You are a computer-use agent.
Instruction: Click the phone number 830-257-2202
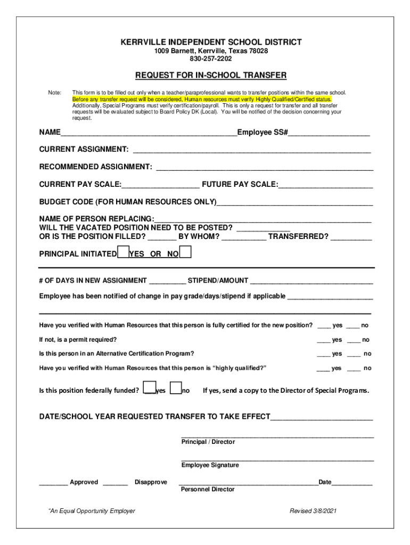211,59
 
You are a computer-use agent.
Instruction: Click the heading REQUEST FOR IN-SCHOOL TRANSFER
211,75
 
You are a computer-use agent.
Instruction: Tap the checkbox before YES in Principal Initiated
123,252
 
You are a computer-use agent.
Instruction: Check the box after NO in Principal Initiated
186,252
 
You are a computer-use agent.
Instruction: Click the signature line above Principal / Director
277,436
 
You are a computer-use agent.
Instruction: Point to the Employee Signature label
210,465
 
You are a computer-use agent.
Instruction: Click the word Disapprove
151,482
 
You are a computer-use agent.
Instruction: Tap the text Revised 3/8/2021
313,511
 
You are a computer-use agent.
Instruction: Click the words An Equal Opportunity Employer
92,511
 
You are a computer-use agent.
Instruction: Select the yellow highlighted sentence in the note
202,100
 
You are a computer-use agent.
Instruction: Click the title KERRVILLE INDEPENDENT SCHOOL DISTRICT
211,42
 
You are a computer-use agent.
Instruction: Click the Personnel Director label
208,489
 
